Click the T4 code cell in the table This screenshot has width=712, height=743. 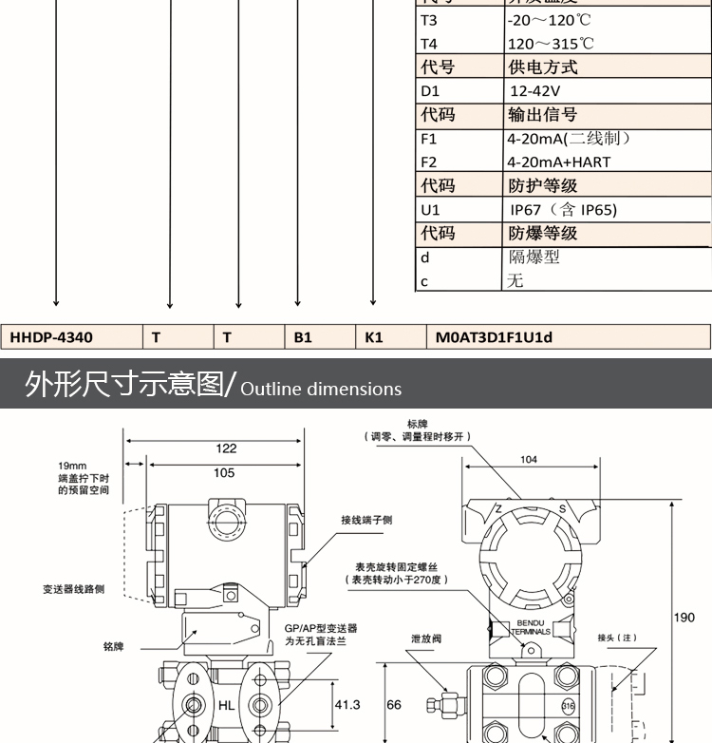pos(430,44)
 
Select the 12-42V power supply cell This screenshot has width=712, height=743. pos(535,91)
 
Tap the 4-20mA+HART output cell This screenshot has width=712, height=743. pos(558,162)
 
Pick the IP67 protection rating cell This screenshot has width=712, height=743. pos(563,209)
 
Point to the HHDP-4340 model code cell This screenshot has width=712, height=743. pos(52,336)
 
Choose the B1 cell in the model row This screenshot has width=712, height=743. pos(303,336)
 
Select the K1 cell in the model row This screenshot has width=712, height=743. pos(374,336)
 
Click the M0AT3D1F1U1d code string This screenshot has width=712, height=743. pos(494,336)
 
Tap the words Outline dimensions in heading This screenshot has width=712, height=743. pos(322,389)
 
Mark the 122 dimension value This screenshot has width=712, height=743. pos(226,448)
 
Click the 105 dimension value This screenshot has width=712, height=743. pos(224,472)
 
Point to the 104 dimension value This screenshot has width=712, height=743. pos(529,460)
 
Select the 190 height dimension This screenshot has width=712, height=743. pos(684,618)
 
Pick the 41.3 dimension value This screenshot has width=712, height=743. pos(348,704)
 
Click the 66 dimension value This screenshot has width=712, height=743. pos(394,704)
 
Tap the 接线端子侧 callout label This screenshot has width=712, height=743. pos(367,520)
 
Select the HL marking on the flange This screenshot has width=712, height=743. pos(225,705)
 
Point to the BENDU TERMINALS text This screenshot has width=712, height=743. pos(531,627)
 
